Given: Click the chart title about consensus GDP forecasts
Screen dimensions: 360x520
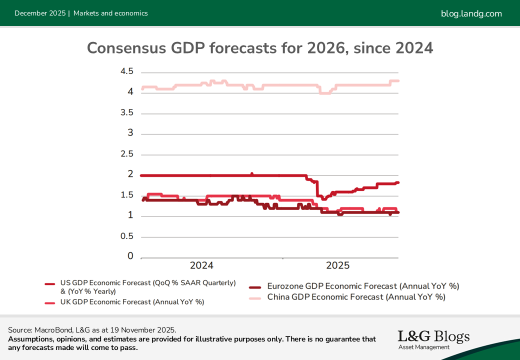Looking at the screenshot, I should click(260, 48).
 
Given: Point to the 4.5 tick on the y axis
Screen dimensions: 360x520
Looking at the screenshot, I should click(127, 71).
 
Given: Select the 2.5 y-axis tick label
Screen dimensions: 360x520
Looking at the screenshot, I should click(127, 153).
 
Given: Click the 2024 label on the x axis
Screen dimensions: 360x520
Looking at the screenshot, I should click(201, 265).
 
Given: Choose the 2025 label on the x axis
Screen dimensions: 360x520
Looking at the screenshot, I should click(338, 265).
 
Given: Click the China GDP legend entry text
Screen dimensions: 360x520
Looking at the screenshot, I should click(356, 297).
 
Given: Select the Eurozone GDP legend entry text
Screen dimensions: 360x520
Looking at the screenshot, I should click(363, 286).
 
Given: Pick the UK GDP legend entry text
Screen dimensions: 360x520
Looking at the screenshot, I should click(132, 302).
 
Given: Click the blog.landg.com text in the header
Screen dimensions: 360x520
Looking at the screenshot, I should click(471, 13).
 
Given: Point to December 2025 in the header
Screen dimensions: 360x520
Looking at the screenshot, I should click(40, 13).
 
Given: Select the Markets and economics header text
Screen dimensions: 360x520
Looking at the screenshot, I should click(110, 13).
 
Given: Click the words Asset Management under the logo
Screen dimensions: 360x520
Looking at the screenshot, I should click(424, 347).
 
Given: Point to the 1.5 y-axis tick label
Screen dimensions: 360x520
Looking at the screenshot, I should click(127, 195).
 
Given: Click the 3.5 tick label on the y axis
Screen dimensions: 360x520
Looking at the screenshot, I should click(127, 112).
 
